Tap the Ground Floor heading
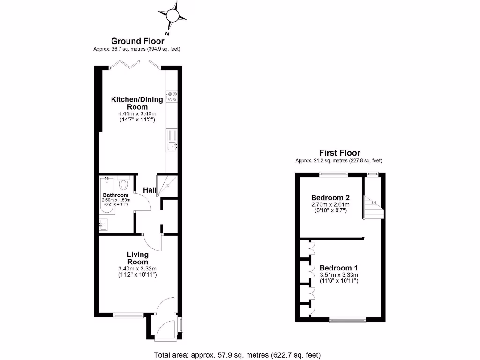(x=137, y=41)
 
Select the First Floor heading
(x=339, y=153)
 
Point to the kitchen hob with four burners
(x=172, y=96)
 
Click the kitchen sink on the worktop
(x=172, y=147)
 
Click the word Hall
(x=150, y=190)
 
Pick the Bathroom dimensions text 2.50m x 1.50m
(x=116, y=200)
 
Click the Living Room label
(x=137, y=258)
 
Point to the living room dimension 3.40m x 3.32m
(x=137, y=269)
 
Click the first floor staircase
(x=374, y=208)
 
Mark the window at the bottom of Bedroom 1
(x=347, y=320)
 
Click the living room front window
(x=128, y=315)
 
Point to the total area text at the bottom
(x=237, y=354)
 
